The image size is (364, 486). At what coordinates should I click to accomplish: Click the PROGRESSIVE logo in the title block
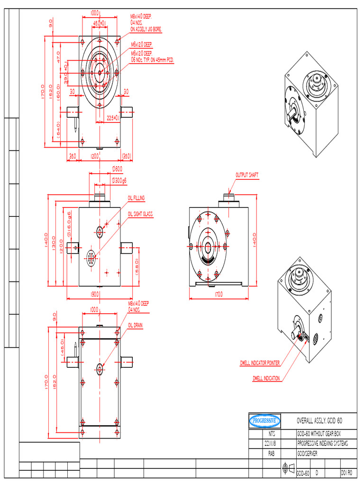click(265, 421)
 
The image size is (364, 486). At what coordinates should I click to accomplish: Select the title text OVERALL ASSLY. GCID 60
click(319, 421)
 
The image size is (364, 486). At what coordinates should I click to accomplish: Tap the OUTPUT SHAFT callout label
click(247, 175)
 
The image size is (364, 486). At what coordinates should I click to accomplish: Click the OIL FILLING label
click(136, 198)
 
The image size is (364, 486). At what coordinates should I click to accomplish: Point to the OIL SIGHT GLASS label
click(140, 215)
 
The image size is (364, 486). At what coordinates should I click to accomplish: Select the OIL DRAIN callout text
click(135, 326)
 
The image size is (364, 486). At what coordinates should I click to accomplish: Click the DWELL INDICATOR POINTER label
click(259, 363)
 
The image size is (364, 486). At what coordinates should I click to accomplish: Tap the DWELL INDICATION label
click(266, 378)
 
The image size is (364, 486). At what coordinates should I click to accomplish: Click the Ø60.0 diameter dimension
click(117, 168)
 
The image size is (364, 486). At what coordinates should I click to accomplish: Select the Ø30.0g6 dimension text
click(119, 180)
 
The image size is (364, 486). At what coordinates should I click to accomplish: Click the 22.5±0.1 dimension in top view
click(112, 118)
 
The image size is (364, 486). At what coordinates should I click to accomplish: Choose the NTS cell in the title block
click(272, 434)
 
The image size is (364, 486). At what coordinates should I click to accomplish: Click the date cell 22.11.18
click(272, 443)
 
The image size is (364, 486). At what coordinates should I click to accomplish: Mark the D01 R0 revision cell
click(347, 473)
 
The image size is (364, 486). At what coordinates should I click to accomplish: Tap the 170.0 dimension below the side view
click(218, 295)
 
